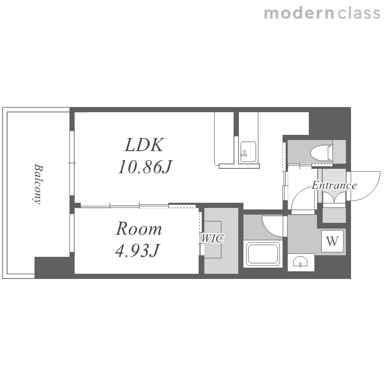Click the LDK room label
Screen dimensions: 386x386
point(144,145)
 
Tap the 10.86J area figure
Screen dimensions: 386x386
point(145,167)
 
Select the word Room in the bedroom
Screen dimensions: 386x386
point(139,229)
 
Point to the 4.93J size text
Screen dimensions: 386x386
point(137,250)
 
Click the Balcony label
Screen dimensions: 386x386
point(38,184)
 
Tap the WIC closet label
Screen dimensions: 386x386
point(213,238)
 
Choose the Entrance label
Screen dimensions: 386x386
point(334,185)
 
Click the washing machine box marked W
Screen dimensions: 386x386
point(332,241)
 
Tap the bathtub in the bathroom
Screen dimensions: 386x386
point(263,254)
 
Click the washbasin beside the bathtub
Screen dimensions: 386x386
point(301,261)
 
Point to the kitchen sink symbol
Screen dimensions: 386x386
point(248,152)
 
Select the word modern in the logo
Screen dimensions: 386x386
point(300,13)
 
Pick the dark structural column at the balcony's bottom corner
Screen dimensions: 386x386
point(52,268)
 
